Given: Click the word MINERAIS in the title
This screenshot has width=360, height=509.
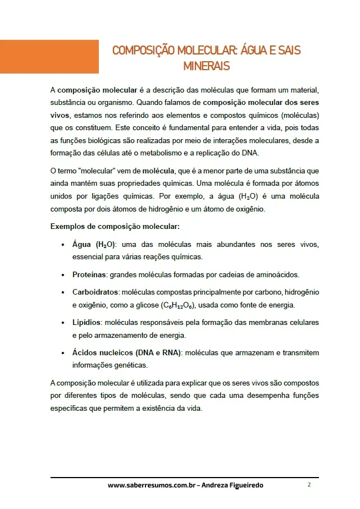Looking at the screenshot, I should (206, 66).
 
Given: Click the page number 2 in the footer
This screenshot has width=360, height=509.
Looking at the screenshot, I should (309, 484).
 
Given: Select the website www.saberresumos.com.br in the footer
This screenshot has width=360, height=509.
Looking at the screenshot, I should (152, 485).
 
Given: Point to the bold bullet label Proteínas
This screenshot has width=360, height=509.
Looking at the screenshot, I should (89, 275).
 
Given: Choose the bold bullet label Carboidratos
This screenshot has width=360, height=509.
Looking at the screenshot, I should (95, 292).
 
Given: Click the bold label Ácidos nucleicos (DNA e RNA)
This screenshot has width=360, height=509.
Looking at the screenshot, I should (127, 353).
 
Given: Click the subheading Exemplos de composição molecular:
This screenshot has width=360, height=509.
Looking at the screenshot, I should (115, 227).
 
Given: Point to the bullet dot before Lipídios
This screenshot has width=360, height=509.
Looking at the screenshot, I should (62, 323).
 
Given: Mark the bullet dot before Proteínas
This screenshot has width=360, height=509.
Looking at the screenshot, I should (62, 276).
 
